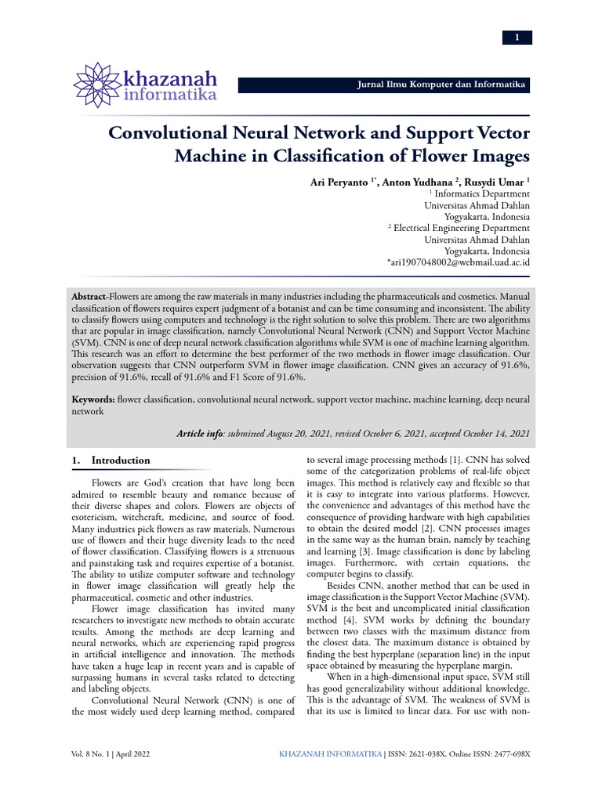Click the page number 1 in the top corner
coord(517,38)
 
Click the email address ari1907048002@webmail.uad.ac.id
coord(459,262)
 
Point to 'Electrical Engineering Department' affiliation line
coord(462,228)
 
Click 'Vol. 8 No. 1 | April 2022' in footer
coord(111,754)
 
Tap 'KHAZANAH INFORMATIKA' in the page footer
coord(331,754)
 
